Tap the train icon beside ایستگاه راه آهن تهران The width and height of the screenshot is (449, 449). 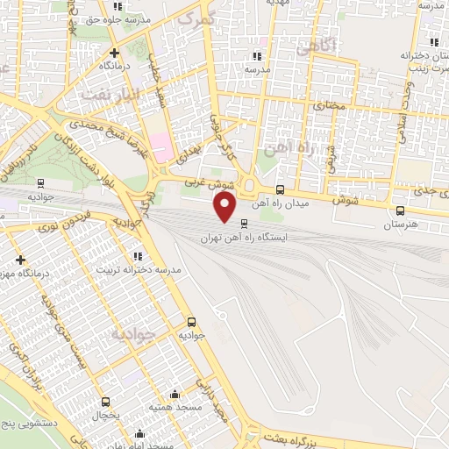pos(244,224)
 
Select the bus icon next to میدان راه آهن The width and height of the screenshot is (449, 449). pos(280,189)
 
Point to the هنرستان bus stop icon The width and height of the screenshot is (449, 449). pos(401,210)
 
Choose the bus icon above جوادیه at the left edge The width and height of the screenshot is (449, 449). pos(40,183)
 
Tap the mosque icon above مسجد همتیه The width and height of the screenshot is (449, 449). pos(175,395)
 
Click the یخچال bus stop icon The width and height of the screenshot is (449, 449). pos(106,402)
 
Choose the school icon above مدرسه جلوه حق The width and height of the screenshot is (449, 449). pos(118,6)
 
